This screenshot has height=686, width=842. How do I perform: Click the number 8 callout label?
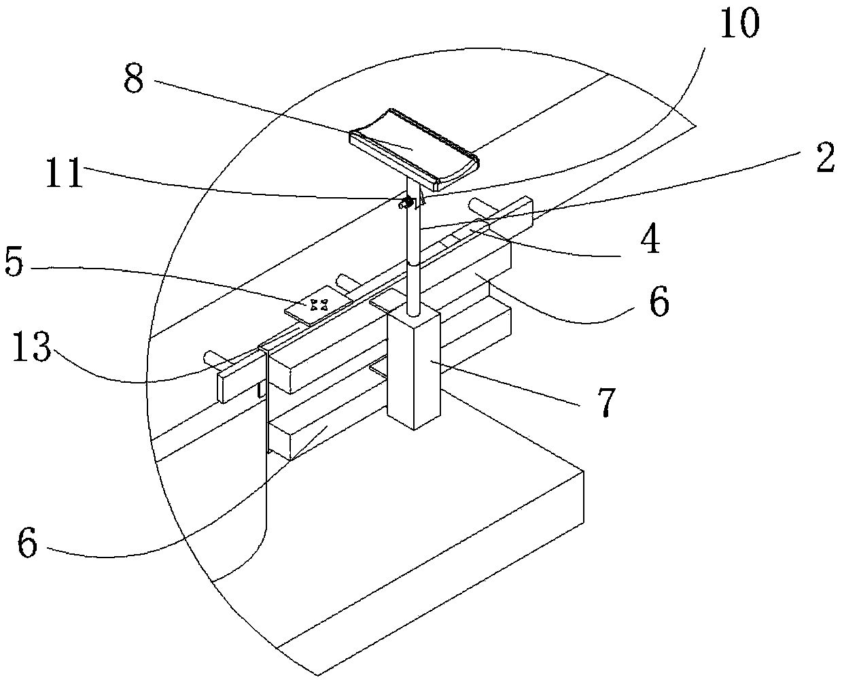[134, 80]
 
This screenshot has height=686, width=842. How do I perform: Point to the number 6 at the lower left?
[28, 544]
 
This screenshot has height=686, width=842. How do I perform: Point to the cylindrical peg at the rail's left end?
[213, 356]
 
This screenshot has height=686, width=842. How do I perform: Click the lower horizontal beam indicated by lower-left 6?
[326, 428]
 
